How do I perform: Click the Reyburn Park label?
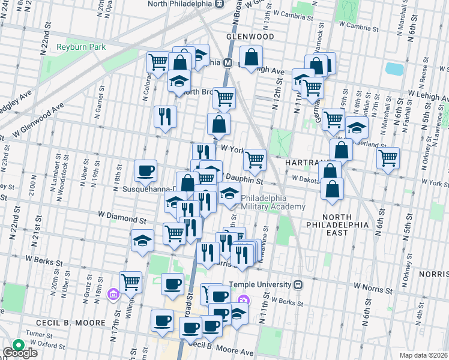81,47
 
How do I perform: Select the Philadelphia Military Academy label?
273,203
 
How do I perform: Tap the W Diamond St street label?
122,220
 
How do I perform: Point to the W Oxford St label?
49,344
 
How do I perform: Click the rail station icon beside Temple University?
298,284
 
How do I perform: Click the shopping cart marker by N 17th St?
130,281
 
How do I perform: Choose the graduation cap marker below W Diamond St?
142,241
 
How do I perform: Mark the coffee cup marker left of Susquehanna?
145,171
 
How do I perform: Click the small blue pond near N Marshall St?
394,69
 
